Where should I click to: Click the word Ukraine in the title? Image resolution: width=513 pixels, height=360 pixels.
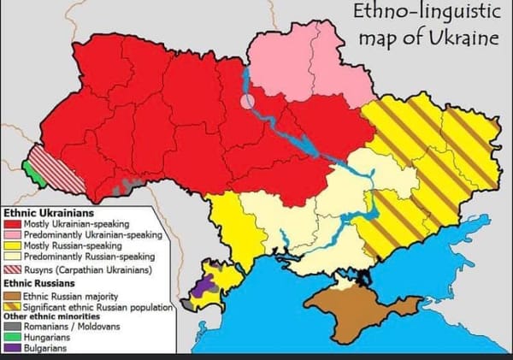(461, 39)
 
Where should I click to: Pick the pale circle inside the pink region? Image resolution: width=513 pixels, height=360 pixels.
(247, 101)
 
